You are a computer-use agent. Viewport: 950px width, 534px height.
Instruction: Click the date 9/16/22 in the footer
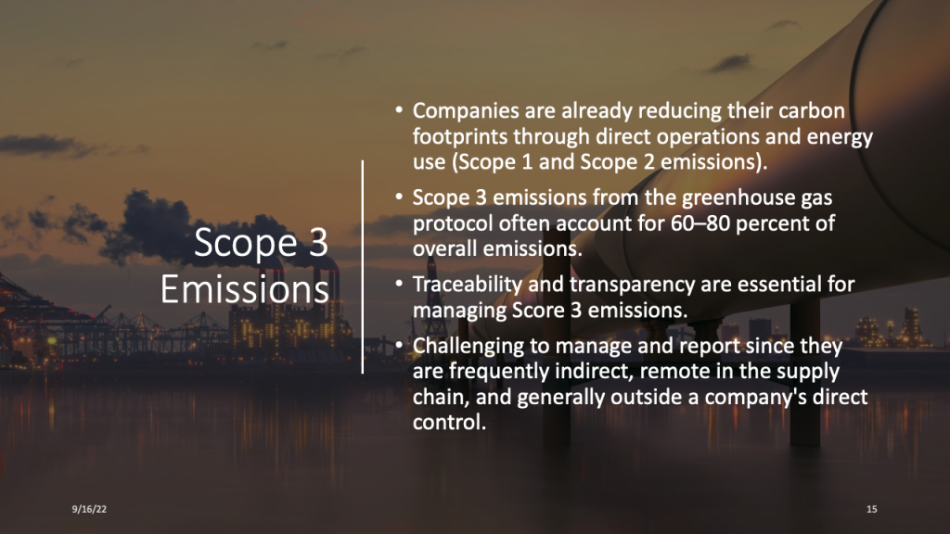point(89,509)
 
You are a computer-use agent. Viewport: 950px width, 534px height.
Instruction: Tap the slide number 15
point(871,509)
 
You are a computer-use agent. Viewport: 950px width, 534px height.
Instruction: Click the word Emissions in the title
point(245,289)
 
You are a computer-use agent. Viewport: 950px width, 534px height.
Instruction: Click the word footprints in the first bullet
point(460,137)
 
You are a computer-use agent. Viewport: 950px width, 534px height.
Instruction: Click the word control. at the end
point(450,422)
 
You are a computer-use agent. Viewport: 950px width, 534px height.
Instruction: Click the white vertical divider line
point(363,267)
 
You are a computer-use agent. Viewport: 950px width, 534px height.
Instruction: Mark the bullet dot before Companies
point(399,110)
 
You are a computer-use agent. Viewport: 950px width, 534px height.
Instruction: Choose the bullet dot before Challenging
point(399,345)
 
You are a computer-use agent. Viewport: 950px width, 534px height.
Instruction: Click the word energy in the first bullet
point(840,137)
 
